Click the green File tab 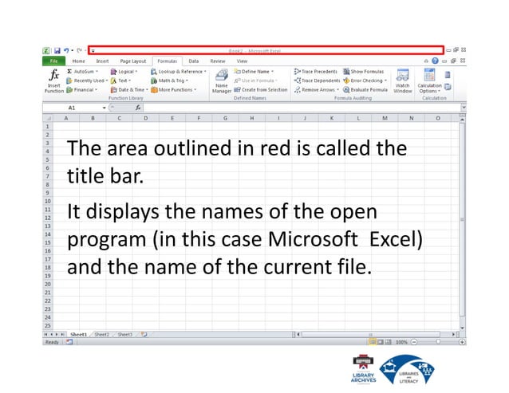click(x=53, y=61)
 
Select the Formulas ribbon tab click(x=167, y=61)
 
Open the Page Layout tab click(x=132, y=61)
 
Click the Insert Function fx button click(x=54, y=80)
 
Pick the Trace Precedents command click(x=316, y=71)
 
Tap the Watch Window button click(x=403, y=81)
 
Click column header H click(x=251, y=117)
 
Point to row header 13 click(x=47, y=226)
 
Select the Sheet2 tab click(x=101, y=335)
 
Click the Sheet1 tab click(x=78, y=335)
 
